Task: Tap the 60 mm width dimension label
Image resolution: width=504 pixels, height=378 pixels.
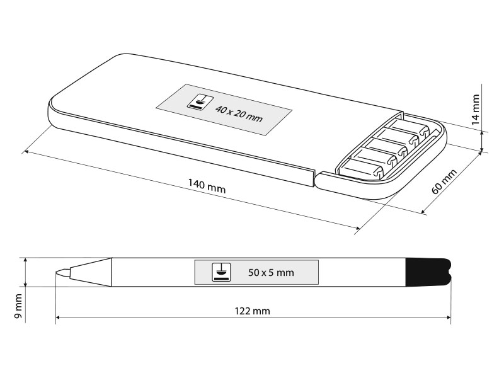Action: [444, 181]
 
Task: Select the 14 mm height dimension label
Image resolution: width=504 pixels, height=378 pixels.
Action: [475, 110]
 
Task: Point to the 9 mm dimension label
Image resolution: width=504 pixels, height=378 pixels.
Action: [18, 306]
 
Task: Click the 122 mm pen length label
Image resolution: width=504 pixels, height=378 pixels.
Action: [253, 311]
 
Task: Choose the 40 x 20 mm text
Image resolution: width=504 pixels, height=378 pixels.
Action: [239, 114]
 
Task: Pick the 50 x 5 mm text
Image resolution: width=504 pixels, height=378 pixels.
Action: [271, 273]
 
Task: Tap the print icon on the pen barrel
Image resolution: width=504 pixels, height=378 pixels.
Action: [221, 273]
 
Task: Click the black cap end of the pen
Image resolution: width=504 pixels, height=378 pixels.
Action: [428, 272]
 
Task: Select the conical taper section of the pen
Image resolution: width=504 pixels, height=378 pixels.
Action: [91, 272]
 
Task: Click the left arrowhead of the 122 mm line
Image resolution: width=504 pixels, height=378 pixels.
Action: [58, 318]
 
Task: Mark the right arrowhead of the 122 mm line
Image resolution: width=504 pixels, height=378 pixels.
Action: [449, 318]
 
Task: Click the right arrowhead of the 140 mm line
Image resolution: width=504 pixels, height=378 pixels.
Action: [357, 228]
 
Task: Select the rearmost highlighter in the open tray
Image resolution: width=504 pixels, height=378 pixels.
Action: [413, 128]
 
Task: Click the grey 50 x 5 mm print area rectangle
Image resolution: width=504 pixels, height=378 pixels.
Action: [256, 273]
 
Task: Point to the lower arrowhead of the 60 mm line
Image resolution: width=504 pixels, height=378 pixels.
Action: [423, 212]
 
